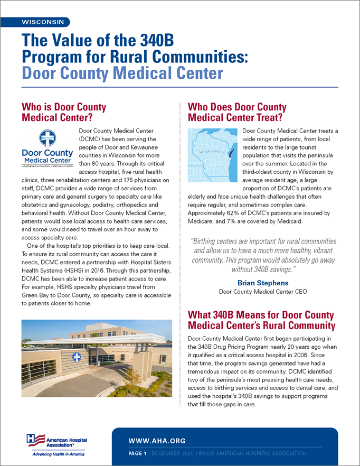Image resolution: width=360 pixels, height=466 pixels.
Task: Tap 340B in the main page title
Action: (154, 40)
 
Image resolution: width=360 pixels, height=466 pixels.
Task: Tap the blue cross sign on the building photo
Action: (77, 357)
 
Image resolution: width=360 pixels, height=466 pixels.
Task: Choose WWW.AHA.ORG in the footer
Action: (157, 441)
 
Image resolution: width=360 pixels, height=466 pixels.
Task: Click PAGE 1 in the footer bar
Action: (139, 453)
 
